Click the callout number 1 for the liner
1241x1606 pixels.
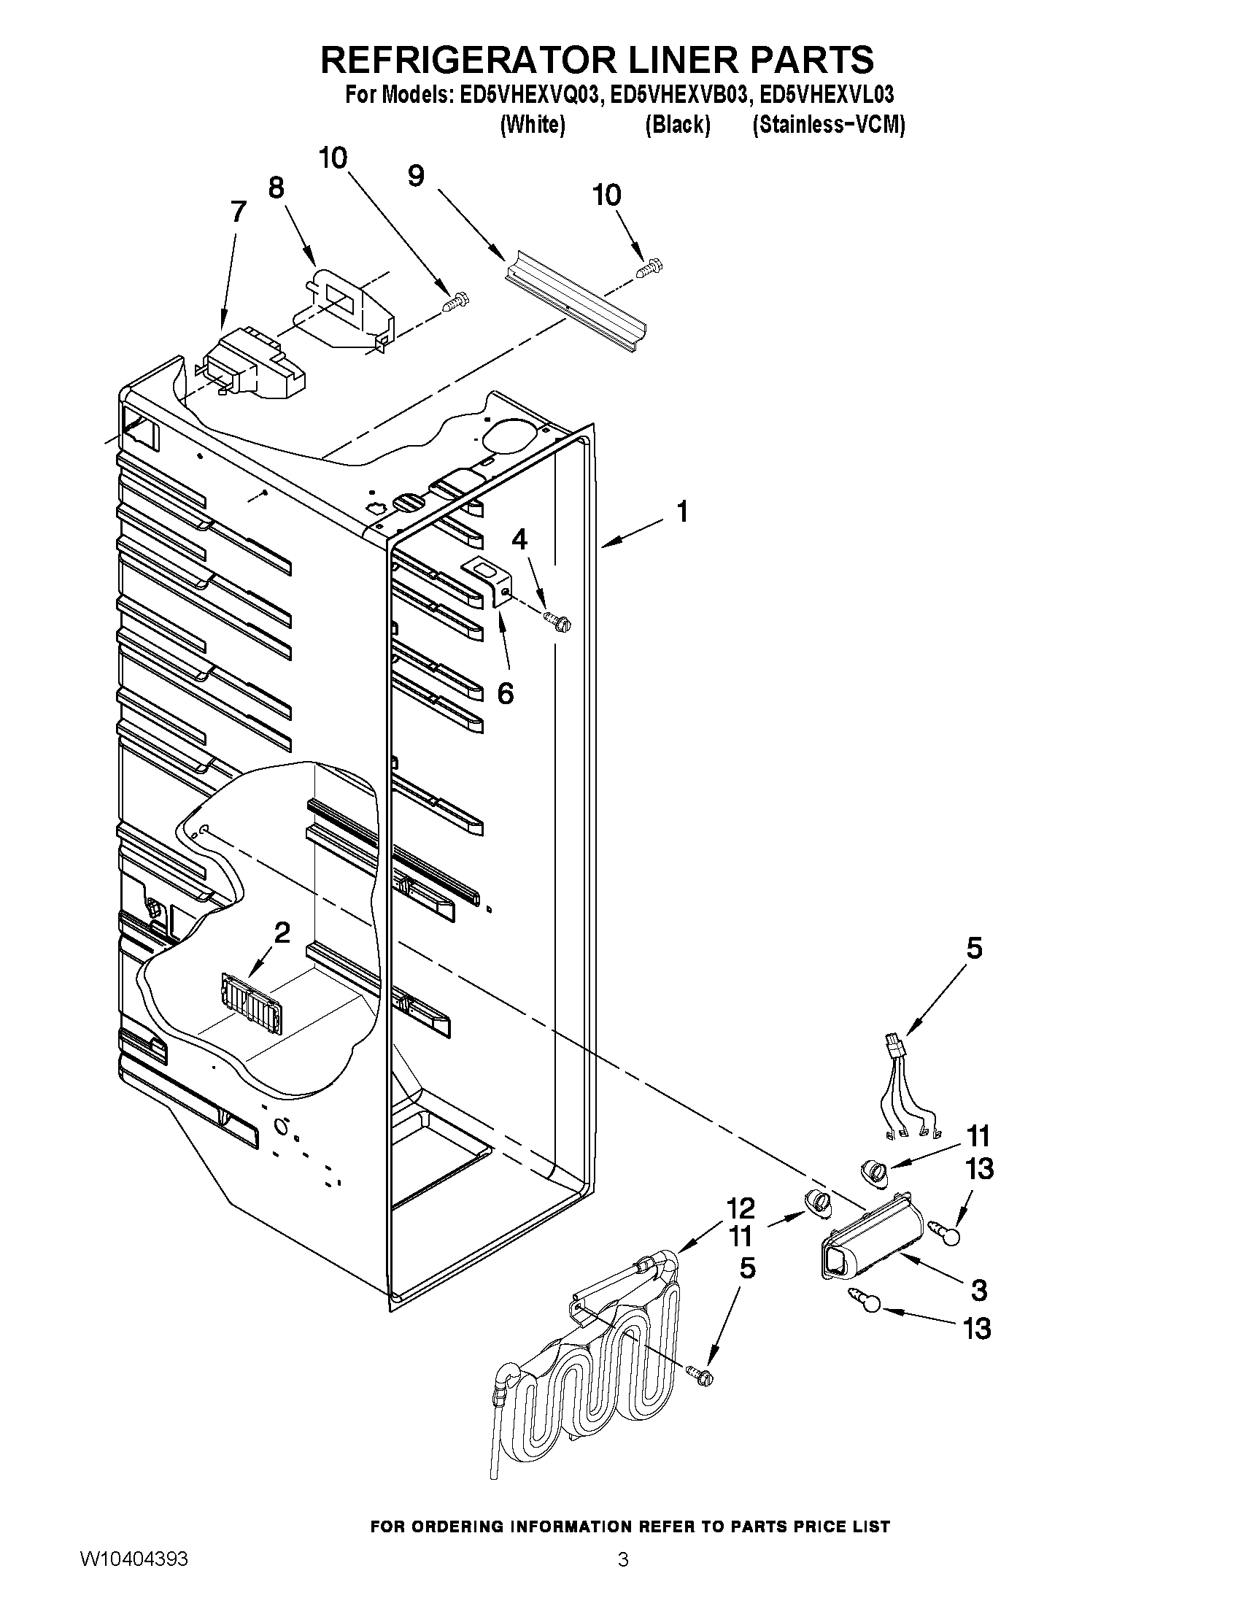[682, 511]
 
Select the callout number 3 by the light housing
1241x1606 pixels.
[978, 1290]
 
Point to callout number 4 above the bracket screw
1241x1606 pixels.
[519, 539]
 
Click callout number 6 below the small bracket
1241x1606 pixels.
[505, 692]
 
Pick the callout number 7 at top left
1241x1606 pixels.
[238, 212]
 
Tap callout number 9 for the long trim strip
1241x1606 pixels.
[416, 175]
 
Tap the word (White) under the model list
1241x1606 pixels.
[533, 125]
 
